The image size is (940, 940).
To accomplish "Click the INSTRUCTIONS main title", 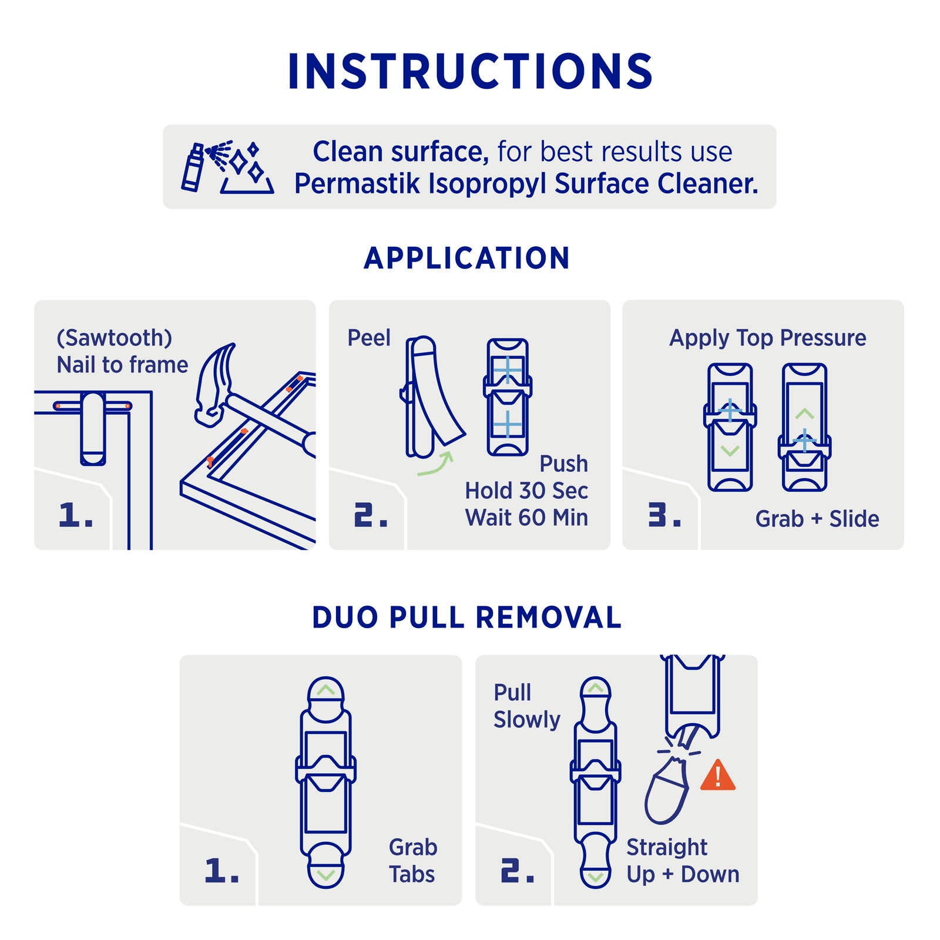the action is pos(470,71).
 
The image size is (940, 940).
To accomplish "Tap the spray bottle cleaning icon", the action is pos(227,167).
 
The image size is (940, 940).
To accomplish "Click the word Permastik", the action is pos(357,183).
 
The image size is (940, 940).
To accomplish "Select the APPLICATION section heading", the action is pos(467,258).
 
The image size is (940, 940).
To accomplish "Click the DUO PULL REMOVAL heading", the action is pos(467,617).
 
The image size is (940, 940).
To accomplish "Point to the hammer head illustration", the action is pos(215,382).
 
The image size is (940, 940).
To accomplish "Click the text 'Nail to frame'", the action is pos(122,365).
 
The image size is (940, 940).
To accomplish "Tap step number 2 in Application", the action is pos(371,515).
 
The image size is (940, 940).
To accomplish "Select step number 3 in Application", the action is pos(664,515).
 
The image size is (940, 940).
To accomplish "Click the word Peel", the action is pos(369,338).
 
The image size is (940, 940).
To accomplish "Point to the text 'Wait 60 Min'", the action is pos(526,518).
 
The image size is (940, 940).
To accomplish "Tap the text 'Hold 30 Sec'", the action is pos(526,491).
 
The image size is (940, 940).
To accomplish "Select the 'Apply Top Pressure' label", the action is pos(768,338).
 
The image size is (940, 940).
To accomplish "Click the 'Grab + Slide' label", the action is pos(817,519).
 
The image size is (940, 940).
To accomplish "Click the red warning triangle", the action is pos(718,775).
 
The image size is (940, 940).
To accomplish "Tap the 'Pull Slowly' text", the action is pos(527,706).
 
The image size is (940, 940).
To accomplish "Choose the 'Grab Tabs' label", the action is pos(413,861).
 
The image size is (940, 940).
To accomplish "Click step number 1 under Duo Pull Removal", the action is pos(222,870).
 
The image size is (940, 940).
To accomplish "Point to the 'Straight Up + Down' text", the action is pos(683,861).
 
